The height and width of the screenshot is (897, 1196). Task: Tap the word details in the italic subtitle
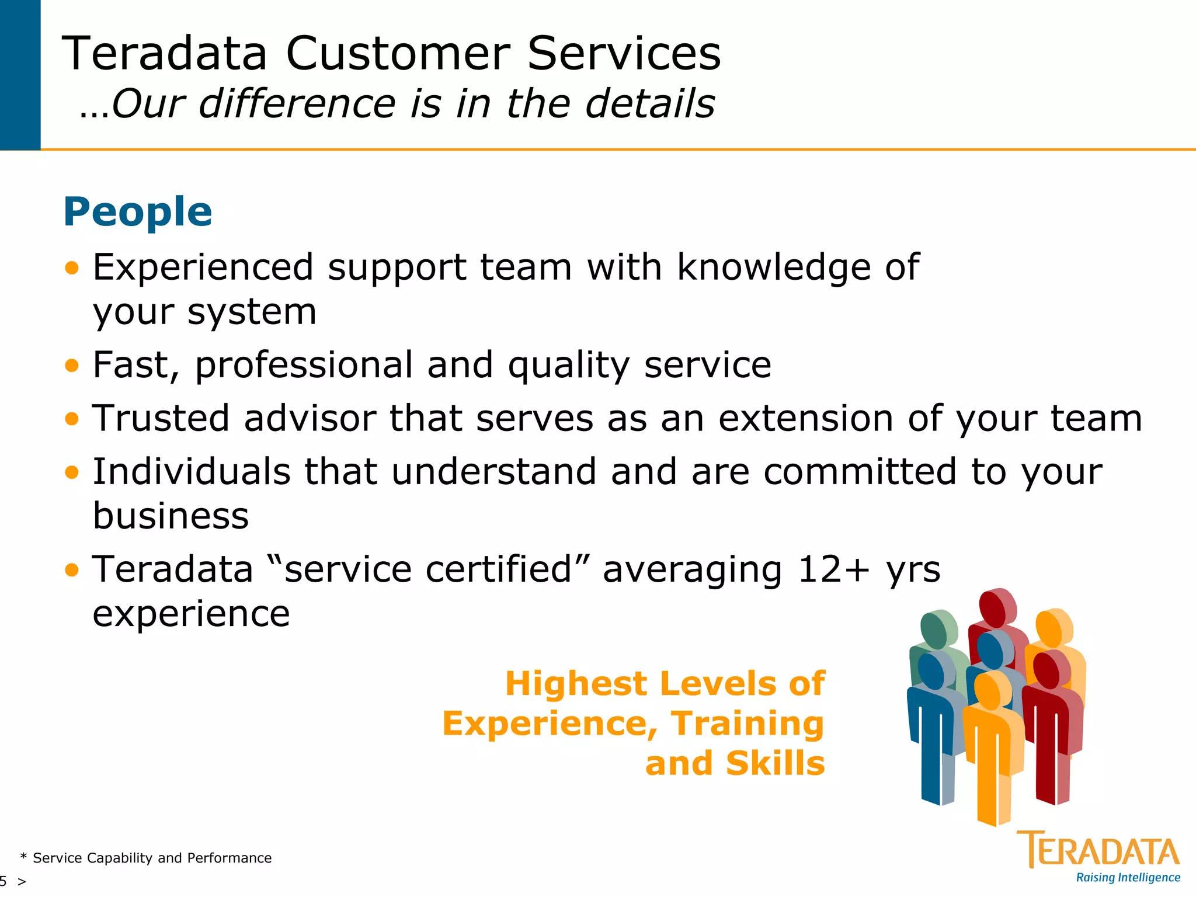[649, 103]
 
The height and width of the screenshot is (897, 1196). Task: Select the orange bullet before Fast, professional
[72, 366]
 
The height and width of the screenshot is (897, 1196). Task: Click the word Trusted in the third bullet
[161, 419]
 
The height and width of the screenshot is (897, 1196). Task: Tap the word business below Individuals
[171, 516]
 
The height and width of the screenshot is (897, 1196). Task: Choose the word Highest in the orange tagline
[576, 683]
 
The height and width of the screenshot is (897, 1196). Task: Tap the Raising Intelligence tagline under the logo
[1128, 878]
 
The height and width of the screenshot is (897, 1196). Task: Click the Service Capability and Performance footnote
[151, 858]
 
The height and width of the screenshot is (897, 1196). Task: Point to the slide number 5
[4, 881]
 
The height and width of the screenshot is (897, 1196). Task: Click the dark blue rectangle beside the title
[20, 75]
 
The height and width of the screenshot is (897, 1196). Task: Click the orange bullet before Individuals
[72, 472]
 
